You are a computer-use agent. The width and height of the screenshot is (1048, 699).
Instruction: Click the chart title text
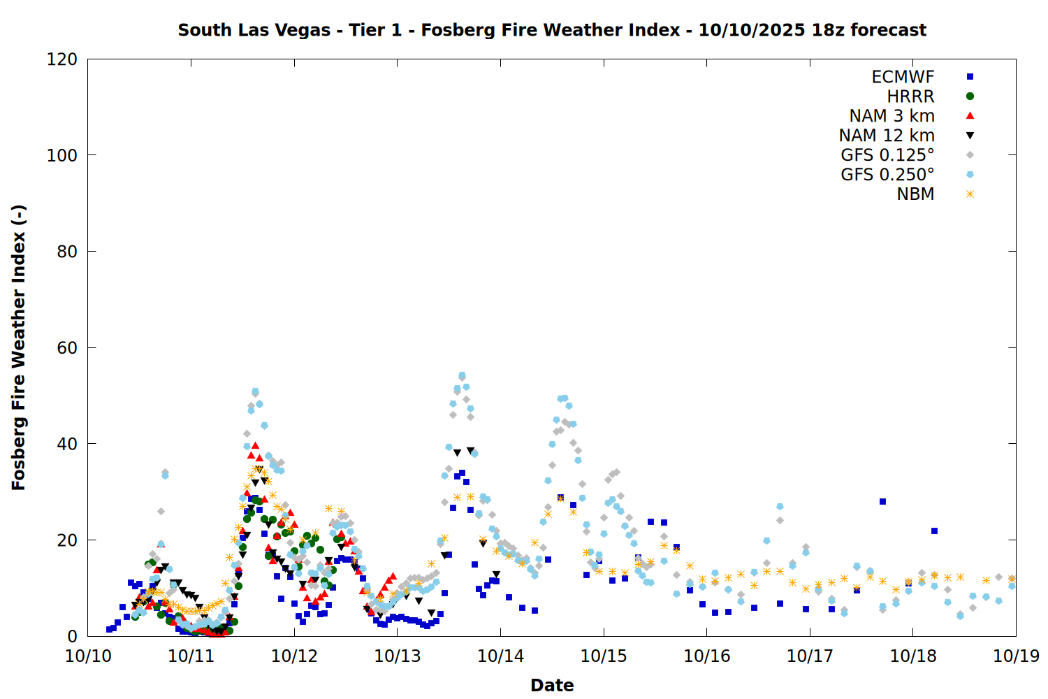pyautogui.click(x=552, y=30)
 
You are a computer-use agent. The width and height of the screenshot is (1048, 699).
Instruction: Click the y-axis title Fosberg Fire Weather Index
pyautogui.click(x=19, y=347)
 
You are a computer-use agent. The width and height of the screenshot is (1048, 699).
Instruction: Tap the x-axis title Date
pyautogui.click(x=552, y=685)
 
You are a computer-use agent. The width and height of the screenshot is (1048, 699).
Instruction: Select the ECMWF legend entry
pyautogui.click(x=903, y=77)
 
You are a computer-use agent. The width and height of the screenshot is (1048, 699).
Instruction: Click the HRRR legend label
pyautogui.click(x=910, y=96)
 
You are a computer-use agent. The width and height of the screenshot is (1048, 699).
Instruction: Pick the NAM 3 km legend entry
pyautogui.click(x=891, y=116)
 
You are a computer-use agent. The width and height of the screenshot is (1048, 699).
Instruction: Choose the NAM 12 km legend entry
pyautogui.click(x=887, y=136)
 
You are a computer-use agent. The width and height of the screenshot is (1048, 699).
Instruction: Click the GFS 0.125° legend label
pyautogui.click(x=887, y=155)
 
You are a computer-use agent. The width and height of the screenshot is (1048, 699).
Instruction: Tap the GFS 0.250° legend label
pyautogui.click(x=887, y=175)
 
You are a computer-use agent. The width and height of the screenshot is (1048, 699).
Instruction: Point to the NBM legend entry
pyautogui.click(x=915, y=194)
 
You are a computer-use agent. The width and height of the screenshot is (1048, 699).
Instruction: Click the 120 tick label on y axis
pyautogui.click(x=62, y=59)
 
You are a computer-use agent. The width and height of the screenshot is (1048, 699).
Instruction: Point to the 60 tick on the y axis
pyautogui.click(x=67, y=347)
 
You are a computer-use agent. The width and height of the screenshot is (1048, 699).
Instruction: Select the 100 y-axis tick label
pyautogui.click(x=62, y=155)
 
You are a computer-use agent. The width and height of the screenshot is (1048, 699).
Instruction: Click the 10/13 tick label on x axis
pyautogui.click(x=398, y=656)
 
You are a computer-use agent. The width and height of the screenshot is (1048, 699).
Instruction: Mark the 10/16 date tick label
pyautogui.click(x=706, y=656)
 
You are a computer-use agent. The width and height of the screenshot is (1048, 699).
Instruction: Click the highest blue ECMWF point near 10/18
pyautogui.click(x=882, y=501)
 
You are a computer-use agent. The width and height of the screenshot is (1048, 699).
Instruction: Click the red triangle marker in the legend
pyautogui.click(x=970, y=116)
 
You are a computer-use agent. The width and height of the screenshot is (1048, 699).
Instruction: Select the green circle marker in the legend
pyautogui.click(x=970, y=96)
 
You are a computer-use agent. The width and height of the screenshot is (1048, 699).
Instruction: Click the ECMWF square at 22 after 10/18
pyautogui.click(x=934, y=531)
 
